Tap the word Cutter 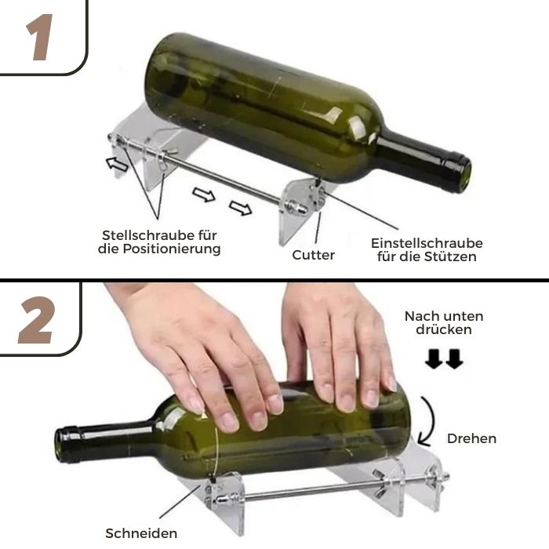[314, 255]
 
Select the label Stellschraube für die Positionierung [161, 242]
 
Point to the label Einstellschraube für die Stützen [427, 249]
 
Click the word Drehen [471, 438]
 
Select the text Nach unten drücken [443, 323]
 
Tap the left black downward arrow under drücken [433, 359]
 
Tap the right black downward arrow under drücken [454, 359]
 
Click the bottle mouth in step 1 [461, 173]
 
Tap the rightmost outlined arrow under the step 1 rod [241, 208]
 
